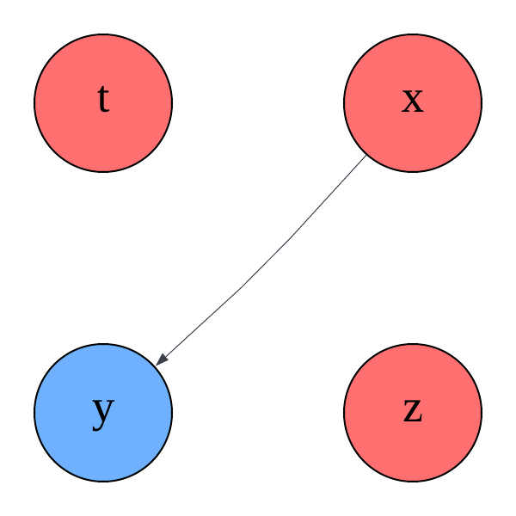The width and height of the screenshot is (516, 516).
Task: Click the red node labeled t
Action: point(103,103)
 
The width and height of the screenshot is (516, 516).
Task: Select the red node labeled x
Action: point(413,103)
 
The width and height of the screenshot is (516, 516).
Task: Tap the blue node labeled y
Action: point(103,413)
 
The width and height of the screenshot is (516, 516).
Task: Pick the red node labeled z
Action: point(413,413)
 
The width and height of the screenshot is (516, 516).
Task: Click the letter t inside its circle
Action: point(103,101)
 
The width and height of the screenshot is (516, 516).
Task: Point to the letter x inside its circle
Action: point(413,101)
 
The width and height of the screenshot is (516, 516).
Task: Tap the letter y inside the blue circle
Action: point(103,411)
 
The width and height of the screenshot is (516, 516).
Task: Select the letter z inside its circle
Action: point(413,411)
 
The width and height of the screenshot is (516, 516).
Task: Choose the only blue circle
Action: point(103,413)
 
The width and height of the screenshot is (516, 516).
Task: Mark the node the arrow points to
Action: point(103,413)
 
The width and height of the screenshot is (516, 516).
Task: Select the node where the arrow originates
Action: point(413,103)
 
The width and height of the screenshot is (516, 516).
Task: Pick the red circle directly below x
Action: point(413,413)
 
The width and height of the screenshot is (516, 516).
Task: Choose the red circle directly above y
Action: point(103,103)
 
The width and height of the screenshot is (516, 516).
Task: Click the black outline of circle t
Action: point(34,103)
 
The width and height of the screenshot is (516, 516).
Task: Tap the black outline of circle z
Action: point(482,413)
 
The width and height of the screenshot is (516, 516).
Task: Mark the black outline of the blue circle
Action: point(34,413)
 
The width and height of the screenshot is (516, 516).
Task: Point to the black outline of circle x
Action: point(482,103)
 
